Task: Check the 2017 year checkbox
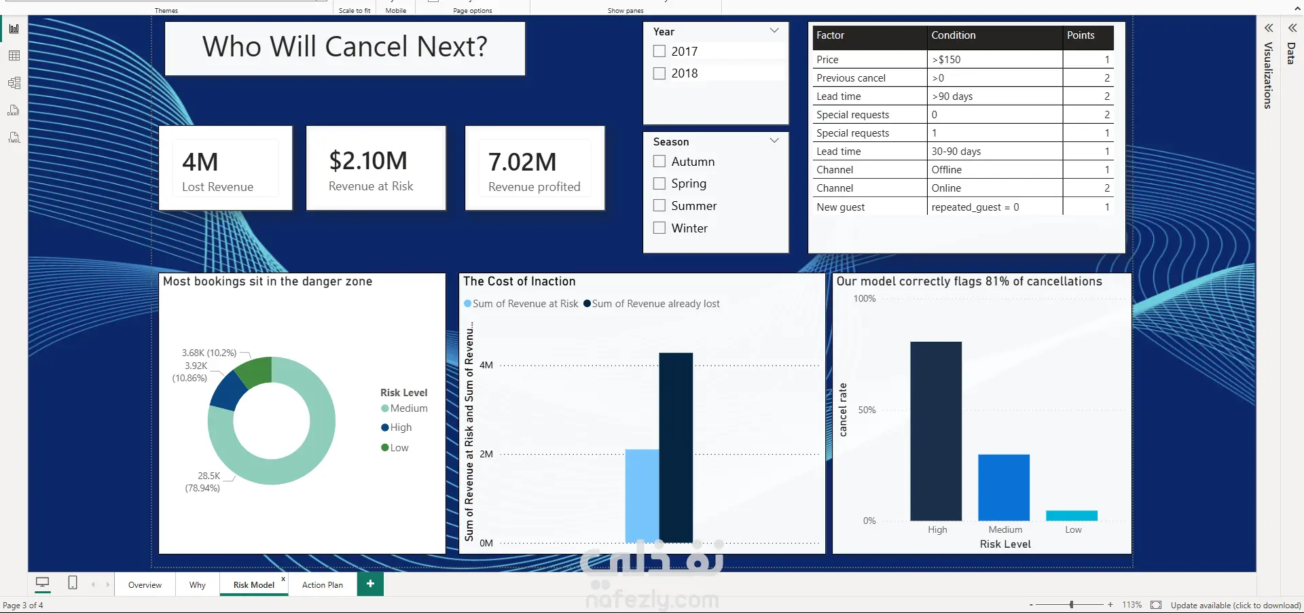tap(659, 51)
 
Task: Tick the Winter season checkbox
tap(659, 228)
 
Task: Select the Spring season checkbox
tap(659, 183)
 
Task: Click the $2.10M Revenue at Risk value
tap(368, 161)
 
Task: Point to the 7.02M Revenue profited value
tap(522, 162)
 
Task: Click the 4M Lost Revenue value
tap(200, 162)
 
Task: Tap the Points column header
tap(1081, 35)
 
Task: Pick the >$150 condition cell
tap(946, 60)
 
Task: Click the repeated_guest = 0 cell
tap(975, 207)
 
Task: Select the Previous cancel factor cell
tap(851, 78)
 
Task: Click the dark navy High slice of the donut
tap(228, 390)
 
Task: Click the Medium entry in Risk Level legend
tap(405, 408)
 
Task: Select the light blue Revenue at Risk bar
tap(642, 496)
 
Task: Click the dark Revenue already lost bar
tap(676, 448)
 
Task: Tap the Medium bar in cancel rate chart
tap(1004, 487)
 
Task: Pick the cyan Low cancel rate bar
tap(1072, 516)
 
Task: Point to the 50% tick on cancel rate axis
tap(867, 410)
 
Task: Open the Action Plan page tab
tap(323, 584)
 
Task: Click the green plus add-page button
tap(370, 584)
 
